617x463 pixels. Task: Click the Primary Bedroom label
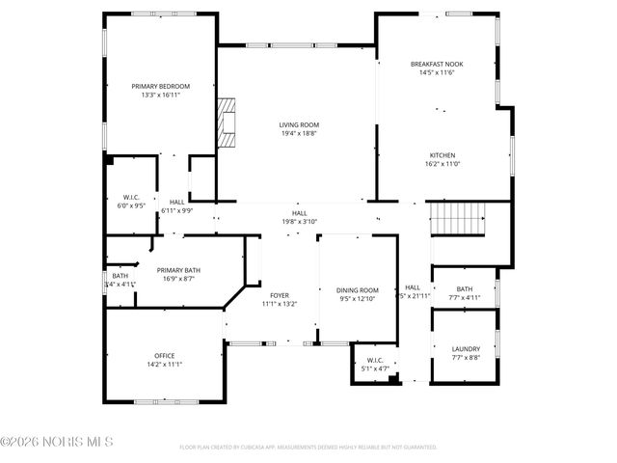(161, 86)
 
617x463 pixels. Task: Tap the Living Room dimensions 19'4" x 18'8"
(299, 134)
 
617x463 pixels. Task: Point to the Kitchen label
(443, 155)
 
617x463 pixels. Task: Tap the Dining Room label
(357, 290)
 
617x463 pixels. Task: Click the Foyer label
(280, 295)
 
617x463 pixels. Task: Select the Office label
(165, 356)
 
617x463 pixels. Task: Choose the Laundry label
(465, 348)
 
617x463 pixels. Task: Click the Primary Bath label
(178, 270)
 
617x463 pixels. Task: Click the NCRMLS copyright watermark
(57, 442)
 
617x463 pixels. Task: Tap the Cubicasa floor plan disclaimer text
(308, 448)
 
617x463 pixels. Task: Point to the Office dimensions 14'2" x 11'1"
(165, 365)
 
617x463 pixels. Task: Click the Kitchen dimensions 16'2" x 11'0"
(443, 164)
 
